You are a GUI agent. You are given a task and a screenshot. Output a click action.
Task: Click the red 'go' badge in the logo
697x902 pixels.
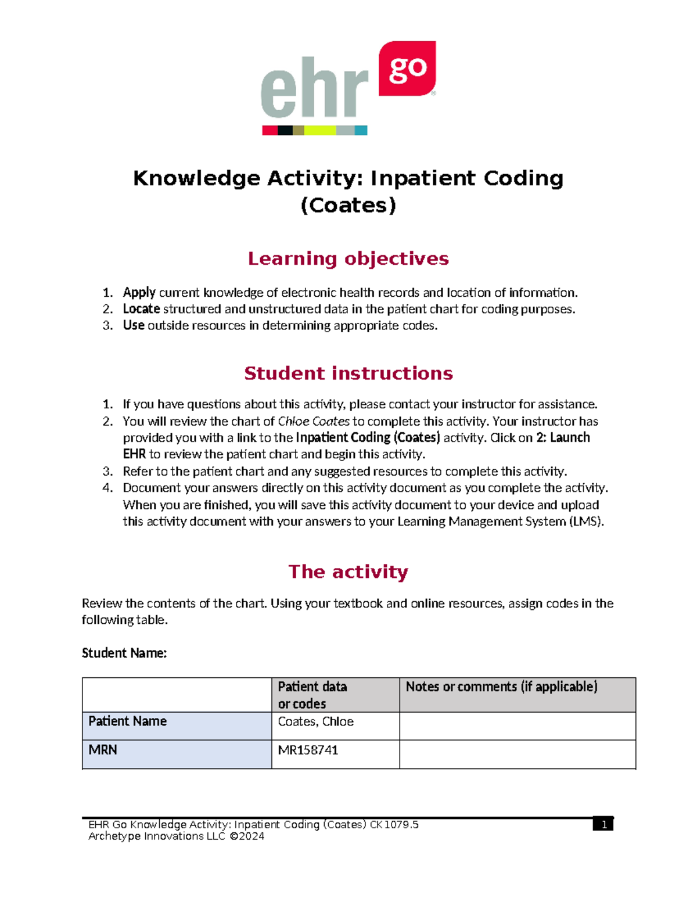[407, 69]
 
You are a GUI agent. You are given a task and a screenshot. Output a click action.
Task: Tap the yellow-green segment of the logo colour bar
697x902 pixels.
[319, 131]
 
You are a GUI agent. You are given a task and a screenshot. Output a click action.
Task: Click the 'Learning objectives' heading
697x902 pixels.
[348, 258]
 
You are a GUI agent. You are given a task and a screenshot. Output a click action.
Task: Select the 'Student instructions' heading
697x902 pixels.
[348, 373]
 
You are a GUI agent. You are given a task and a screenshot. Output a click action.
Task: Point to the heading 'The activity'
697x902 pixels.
[348, 572]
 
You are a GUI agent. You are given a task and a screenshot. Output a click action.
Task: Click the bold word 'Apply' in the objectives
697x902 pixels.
[139, 292]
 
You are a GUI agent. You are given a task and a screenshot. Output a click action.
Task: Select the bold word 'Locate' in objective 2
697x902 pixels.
[141, 309]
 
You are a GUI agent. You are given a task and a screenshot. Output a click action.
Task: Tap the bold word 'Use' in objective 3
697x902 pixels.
[134, 325]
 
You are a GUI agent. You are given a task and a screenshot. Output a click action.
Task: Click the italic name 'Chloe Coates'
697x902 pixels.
[314, 421]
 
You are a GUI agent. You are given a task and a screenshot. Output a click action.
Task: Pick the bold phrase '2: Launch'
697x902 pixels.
[563, 437]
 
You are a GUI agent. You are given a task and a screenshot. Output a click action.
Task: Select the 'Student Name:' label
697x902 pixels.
[124, 653]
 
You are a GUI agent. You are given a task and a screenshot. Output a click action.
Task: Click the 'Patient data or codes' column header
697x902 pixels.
[312, 695]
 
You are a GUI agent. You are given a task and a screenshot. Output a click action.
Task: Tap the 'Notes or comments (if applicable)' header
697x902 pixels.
[501, 687]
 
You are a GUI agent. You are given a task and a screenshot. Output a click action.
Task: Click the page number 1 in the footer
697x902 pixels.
[603, 825]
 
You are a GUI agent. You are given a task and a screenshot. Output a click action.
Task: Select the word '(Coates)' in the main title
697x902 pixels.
[348, 205]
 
